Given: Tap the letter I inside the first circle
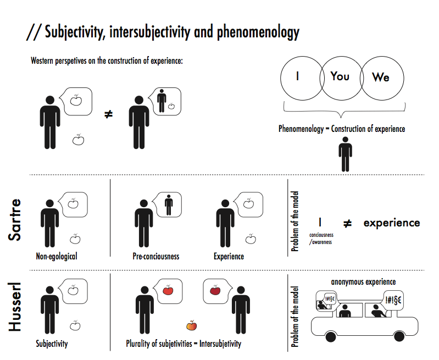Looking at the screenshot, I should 297,77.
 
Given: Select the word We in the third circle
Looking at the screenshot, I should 380,77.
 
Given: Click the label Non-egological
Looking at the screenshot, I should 57,257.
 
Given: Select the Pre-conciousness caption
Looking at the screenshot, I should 155,257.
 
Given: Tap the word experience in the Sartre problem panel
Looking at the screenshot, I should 391,223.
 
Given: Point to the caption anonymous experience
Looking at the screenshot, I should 363,282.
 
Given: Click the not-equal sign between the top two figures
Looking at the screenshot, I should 109,115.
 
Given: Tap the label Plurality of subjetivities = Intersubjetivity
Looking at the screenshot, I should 184,345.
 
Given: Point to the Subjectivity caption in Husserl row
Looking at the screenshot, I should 52,345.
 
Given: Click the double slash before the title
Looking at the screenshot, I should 32,33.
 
